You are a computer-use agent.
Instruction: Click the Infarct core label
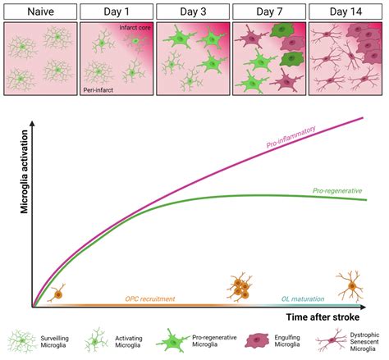[134, 29]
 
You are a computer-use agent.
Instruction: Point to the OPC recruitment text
[149, 298]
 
